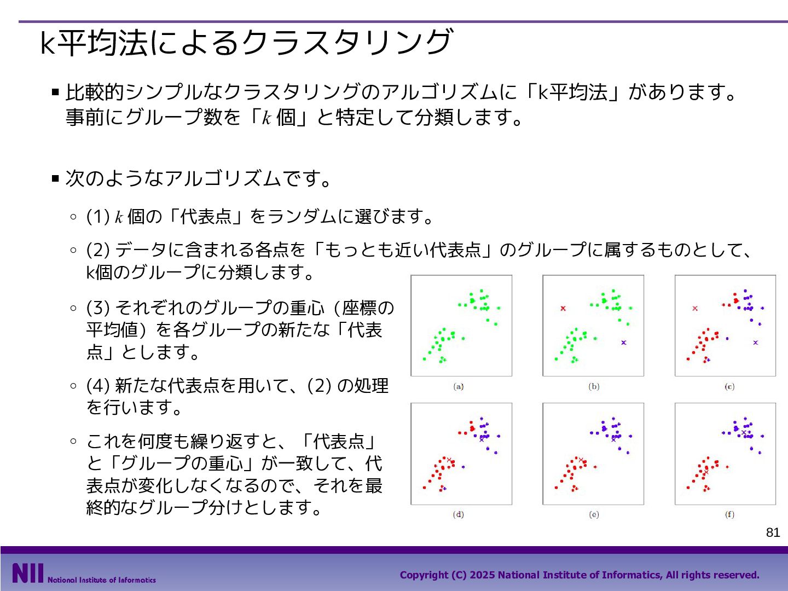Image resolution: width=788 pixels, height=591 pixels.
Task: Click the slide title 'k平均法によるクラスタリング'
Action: click(246, 42)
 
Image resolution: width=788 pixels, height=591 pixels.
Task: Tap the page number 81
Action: click(773, 532)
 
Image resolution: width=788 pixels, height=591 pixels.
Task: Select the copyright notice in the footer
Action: click(580, 575)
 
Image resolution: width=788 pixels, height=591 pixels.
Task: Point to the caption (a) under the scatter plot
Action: click(458, 386)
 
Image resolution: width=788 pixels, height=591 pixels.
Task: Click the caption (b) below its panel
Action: click(594, 386)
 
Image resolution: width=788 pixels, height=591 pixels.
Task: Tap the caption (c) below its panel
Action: click(729, 386)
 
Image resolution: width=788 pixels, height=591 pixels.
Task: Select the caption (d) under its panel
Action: click(458, 514)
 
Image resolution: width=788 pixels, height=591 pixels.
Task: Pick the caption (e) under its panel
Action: click(594, 514)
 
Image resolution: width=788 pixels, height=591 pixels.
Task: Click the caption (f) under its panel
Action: click(729, 514)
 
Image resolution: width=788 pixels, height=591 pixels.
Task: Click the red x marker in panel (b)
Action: click(563, 308)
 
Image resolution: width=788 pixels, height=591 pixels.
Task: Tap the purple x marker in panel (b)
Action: click(624, 343)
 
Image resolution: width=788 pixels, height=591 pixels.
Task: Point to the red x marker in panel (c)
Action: click(695, 308)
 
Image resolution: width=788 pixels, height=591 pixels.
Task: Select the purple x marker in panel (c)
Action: click(755, 343)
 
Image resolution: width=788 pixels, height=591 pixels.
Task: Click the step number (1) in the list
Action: click(97, 216)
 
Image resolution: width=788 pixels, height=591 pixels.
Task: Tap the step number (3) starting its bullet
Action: click(97, 308)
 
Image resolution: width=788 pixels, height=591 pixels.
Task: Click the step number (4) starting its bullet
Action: click(97, 386)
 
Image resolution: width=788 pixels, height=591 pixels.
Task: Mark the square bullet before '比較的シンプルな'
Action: click(55, 92)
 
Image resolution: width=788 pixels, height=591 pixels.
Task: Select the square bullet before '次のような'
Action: click(55, 178)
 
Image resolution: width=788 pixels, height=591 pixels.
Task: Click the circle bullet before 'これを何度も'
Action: click(73, 442)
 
